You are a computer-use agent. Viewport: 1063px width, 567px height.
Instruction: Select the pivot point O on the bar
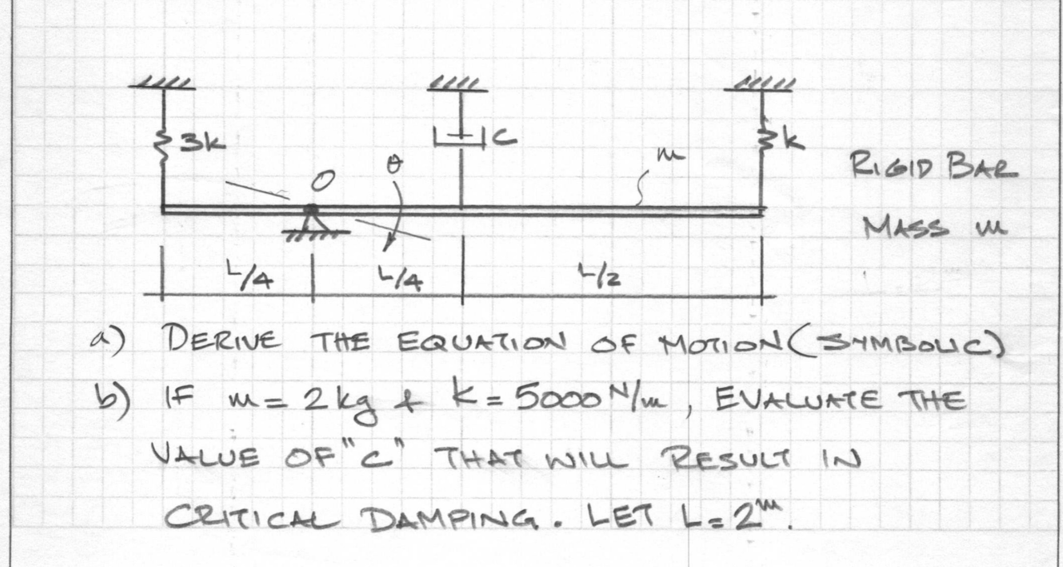click(x=311, y=210)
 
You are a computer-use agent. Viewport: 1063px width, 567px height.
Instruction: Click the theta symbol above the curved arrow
click(x=394, y=166)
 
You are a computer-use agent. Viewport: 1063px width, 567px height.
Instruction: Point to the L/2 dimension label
click(x=599, y=276)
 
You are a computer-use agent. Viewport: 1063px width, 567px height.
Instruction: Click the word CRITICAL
click(x=252, y=518)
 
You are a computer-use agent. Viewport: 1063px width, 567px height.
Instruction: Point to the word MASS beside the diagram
click(x=906, y=228)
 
